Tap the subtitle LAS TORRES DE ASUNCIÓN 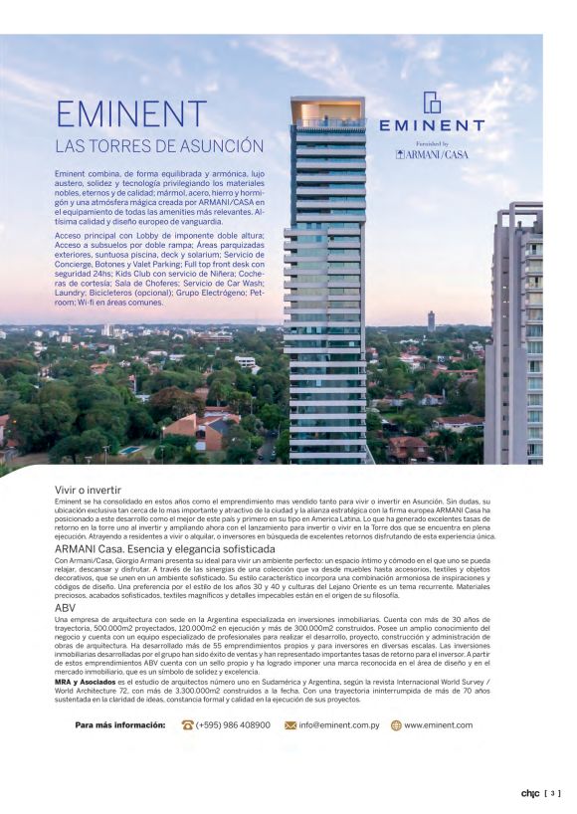point(159,146)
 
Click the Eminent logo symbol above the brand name point(432,102)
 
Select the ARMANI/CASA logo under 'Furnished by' point(432,155)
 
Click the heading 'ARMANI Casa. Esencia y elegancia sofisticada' point(164,548)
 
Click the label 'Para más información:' point(120,725)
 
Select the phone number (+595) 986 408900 point(232,725)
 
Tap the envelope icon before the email point(290,725)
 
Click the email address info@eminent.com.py point(337,725)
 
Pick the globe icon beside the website point(396,725)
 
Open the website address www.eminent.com point(439,725)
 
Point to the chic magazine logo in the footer point(529,793)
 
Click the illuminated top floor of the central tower point(327,110)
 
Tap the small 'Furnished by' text point(432,143)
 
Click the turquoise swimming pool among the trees point(130,450)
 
